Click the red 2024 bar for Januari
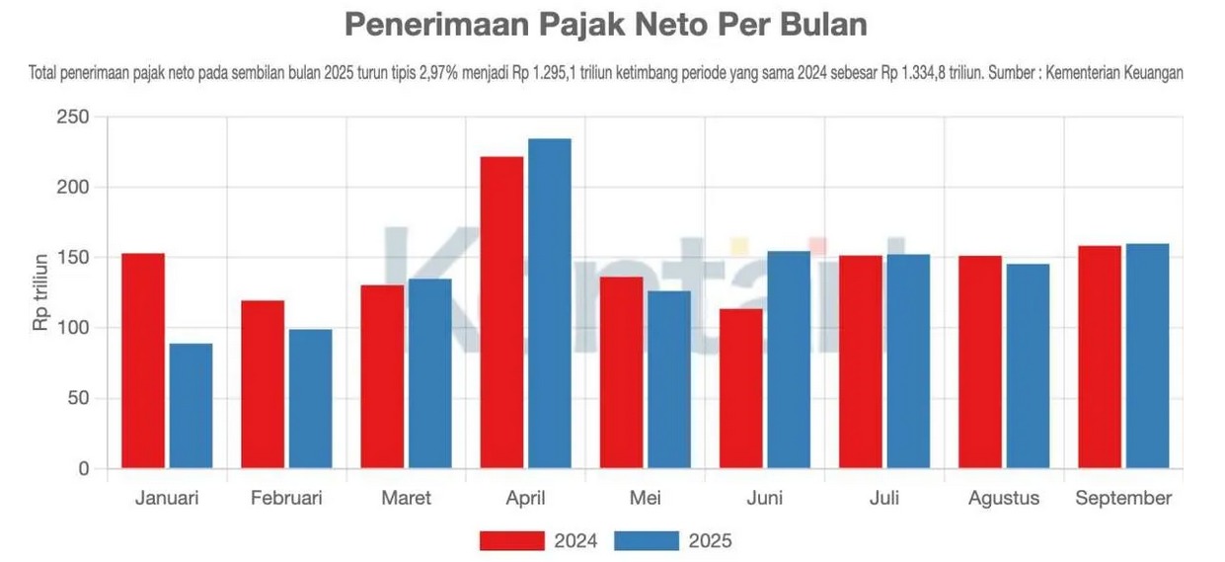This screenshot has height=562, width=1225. (x=143, y=361)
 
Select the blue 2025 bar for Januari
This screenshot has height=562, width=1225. (x=191, y=406)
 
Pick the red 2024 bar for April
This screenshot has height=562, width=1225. (x=501, y=312)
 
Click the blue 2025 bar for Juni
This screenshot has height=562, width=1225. (x=788, y=360)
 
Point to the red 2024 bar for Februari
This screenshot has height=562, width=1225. (x=263, y=384)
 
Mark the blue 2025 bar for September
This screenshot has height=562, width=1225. (x=1147, y=356)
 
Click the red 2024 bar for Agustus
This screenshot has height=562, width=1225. (x=979, y=361)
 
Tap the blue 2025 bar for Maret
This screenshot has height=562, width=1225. (x=429, y=373)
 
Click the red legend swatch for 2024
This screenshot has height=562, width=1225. (x=511, y=540)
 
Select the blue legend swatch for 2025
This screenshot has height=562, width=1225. (x=647, y=540)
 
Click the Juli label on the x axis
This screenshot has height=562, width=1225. (x=883, y=498)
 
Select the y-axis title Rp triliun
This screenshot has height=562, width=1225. (x=40, y=293)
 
